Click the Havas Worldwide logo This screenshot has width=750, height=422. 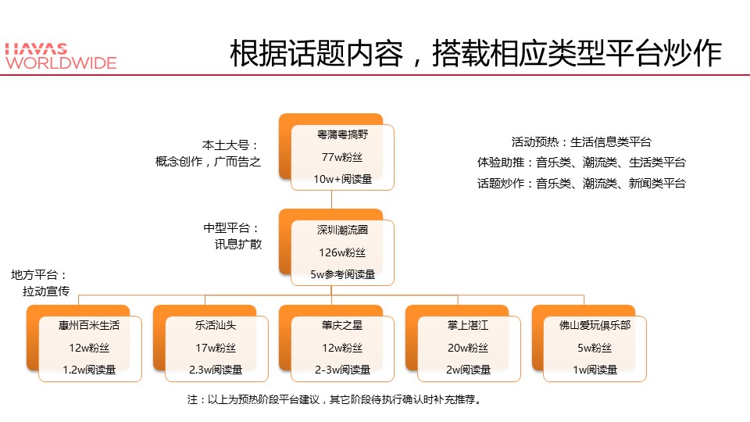point(61,56)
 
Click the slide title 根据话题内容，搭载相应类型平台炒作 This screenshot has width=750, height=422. point(476,53)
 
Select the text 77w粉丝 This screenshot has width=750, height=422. point(342,157)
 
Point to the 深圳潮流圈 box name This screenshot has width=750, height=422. point(342,230)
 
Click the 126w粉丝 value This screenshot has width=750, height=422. point(342,252)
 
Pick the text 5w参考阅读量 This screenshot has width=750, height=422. point(342,274)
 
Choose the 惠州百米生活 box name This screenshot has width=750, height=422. point(89,325)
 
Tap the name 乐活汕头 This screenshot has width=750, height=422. point(216,325)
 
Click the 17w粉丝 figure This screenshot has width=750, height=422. point(216,348)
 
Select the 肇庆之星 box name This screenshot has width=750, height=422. point(342,325)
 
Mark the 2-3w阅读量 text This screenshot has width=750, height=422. point(342,370)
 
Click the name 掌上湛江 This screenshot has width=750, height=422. point(468,325)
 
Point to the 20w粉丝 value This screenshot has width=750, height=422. point(468,348)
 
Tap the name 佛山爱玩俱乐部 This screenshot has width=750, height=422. point(595,325)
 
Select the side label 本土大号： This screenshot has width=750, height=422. point(230,145)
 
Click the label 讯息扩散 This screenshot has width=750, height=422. point(238,245)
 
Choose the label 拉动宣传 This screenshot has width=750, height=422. point(46,291)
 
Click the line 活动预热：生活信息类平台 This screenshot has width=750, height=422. point(581,142)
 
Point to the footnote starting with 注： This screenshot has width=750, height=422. point(334,399)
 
